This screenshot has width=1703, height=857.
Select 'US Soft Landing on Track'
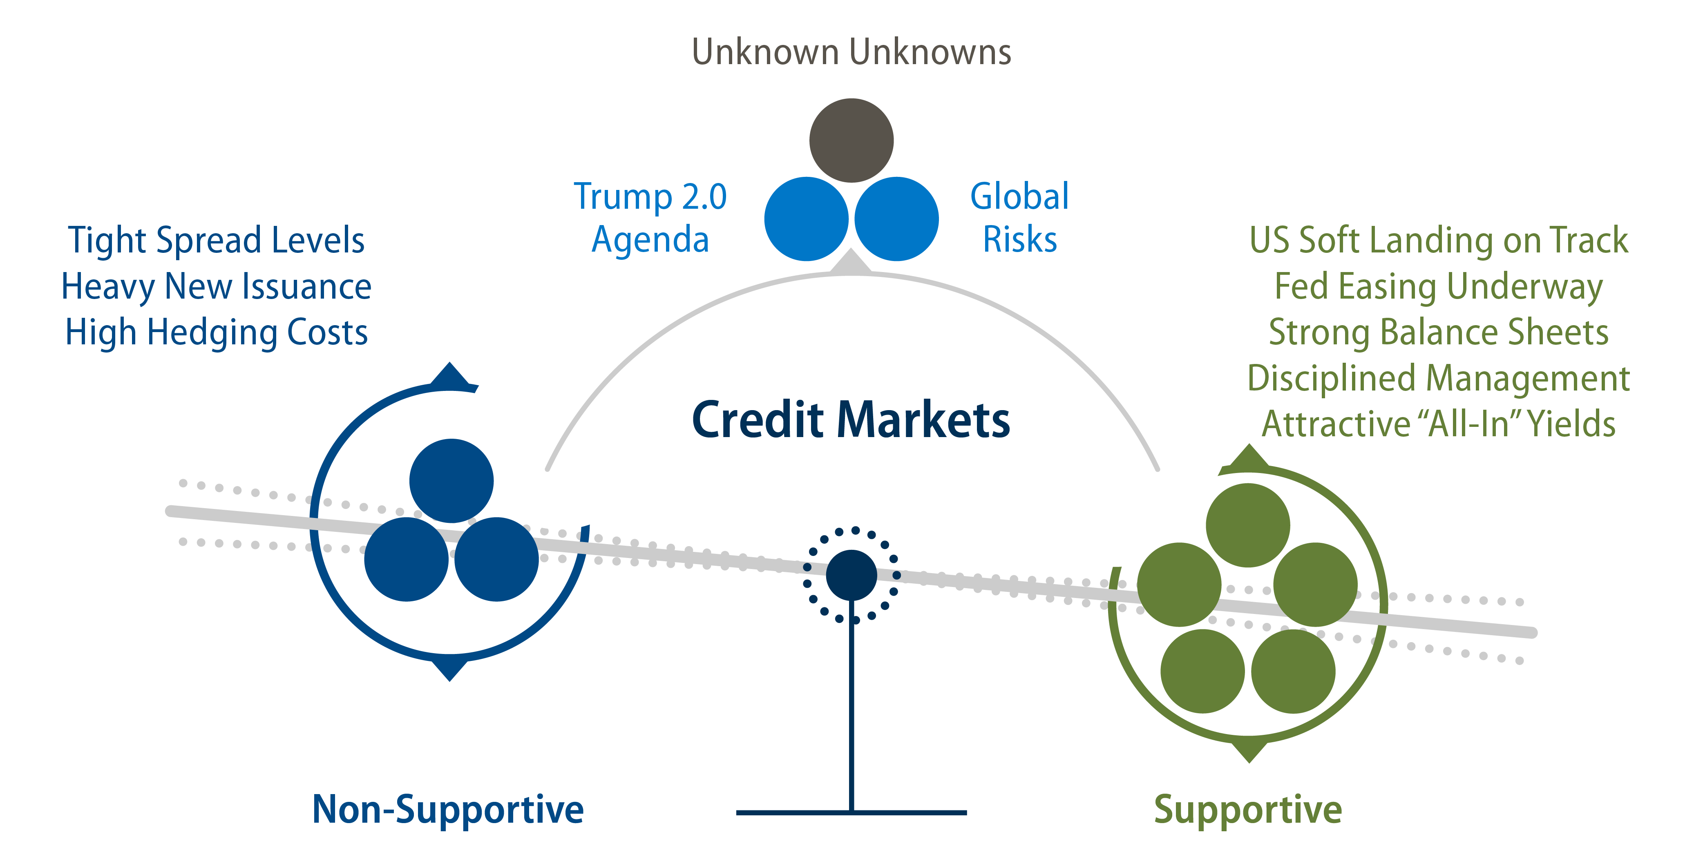[1439, 240]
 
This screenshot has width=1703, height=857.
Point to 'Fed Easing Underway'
[1439, 286]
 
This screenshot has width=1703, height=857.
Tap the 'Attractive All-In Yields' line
[1439, 424]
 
